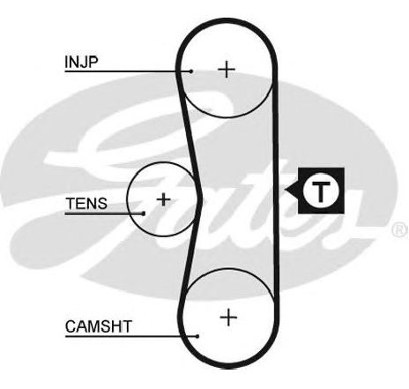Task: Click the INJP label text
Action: coord(81,62)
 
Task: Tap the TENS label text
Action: coord(86,204)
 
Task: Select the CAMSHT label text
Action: coord(98,326)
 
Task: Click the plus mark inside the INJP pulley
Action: coord(227,70)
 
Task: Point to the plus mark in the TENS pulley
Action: coord(163,199)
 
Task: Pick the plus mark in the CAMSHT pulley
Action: coord(228,318)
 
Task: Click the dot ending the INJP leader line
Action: coord(191,71)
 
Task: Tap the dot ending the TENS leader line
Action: coord(144,213)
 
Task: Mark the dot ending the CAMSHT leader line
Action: coord(197,336)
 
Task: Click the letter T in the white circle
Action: coord(321,191)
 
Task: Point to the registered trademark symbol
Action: coord(400,229)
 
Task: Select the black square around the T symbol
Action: coord(321,191)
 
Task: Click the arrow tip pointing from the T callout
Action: coord(285,190)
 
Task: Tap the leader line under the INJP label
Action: coord(128,71)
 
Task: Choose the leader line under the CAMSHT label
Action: coord(131,336)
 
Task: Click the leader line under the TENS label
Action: coord(104,213)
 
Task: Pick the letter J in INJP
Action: coord(83,63)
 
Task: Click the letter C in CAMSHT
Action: coord(71,326)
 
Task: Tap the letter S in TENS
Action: coord(101,204)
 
